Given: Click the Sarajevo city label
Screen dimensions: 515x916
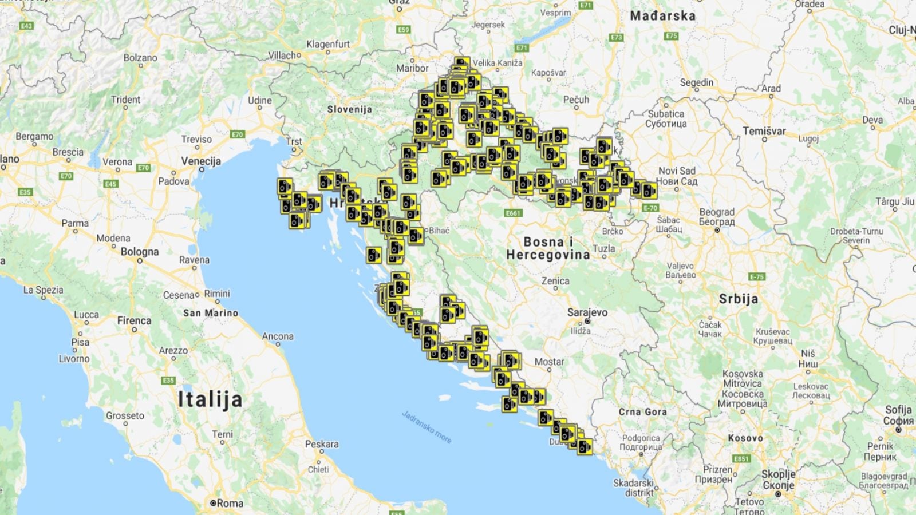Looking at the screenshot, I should pos(587,312).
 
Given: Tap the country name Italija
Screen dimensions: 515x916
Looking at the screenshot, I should pos(210,399).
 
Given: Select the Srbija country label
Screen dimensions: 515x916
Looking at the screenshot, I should pos(739,299).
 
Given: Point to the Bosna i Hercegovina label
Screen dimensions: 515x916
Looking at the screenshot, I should pos(548,248).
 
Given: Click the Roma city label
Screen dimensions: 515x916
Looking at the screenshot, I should pos(230,504).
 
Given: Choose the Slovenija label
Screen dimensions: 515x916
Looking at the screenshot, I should pos(349,109).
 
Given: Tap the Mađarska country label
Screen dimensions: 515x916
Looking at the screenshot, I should pos(662,16).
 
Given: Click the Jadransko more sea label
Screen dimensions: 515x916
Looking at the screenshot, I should pos(427,427).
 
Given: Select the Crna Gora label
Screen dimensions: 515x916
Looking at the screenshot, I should pos(642,411).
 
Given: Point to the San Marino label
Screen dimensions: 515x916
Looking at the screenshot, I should pos(211,313).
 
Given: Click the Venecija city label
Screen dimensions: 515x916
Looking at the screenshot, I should pos(201,161).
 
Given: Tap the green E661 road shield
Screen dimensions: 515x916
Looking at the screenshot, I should pos(513,213).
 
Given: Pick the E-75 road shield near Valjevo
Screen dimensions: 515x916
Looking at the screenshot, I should pos(757,276).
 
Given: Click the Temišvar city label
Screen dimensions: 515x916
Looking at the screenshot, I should pos(764,131).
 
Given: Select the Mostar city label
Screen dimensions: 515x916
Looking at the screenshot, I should pos(549,362).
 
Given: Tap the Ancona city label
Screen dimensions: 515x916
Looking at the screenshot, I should pos(278,336).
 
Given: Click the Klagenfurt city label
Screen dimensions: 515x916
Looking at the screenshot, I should pos(327,44).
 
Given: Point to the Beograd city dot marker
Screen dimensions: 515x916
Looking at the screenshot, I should pos(717,230).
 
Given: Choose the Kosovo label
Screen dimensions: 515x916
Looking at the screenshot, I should pos(745,438).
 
